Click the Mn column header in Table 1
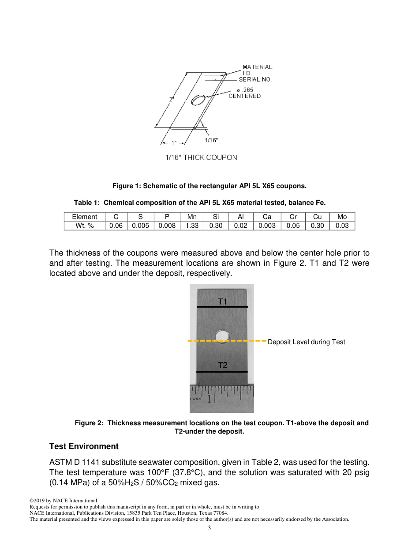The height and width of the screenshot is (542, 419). tap(192, 217)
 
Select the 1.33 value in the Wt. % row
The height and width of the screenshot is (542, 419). tap(192, 226)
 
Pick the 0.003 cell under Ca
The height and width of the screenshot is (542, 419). tap(267, 226)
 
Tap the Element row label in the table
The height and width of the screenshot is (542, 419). tap(85, 217)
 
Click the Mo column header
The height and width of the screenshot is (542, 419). tap(342, 217)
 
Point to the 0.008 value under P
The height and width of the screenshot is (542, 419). tap(167, 226)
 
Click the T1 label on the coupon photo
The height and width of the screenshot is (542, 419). tap(222, 301)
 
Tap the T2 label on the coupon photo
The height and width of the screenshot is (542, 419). tap(222, 365)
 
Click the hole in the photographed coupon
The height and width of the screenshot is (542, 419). tap(222, 337)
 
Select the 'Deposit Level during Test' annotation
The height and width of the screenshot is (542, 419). tap(306, 342)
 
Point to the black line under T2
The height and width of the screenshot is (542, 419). tap(222, 372)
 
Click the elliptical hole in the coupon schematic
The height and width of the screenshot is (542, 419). tap(198, 100)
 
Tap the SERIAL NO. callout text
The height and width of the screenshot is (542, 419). tap(255, 80)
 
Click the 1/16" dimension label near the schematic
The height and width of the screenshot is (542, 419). tap(211, 140)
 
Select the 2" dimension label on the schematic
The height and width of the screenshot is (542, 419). tap(172, 100)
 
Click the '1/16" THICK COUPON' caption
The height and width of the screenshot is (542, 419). tap(201, 157)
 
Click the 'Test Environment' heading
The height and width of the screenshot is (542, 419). tap(84, 446)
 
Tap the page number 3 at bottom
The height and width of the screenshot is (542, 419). tap(209, 528)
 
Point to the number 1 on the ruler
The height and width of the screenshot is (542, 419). tap(209, 399)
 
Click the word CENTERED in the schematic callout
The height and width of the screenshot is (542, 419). tap(244, 96)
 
